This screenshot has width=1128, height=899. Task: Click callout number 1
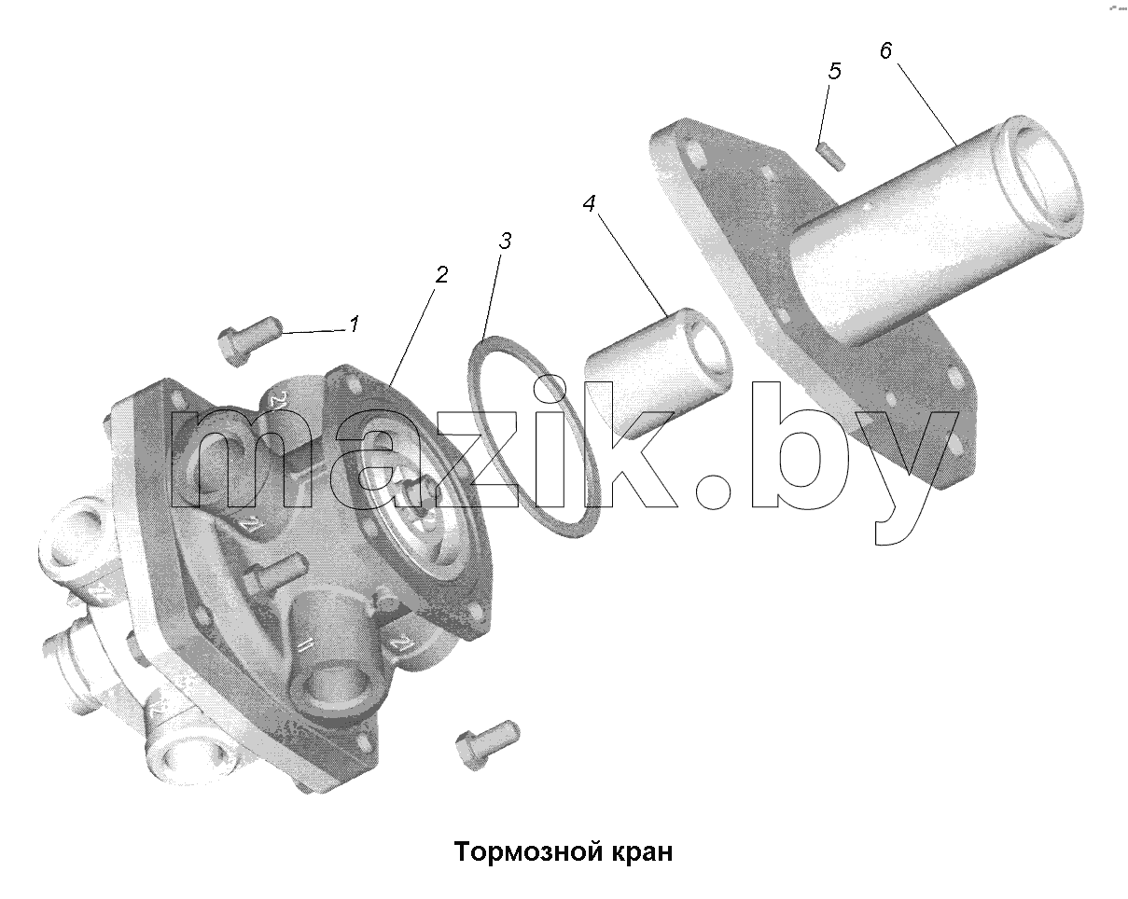click(355, 324)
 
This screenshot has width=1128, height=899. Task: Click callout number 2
click(441, 275)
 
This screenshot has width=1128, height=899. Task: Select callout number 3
click(505, 241)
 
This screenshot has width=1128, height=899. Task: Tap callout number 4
click(589, 203)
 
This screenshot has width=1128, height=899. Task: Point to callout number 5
click(834, 71)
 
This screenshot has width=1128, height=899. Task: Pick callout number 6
click(885, 50)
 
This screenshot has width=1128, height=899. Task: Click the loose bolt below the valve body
click(487, 744)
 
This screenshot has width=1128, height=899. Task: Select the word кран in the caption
click(642, 853)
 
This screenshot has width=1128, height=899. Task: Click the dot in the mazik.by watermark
click(713, 491)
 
